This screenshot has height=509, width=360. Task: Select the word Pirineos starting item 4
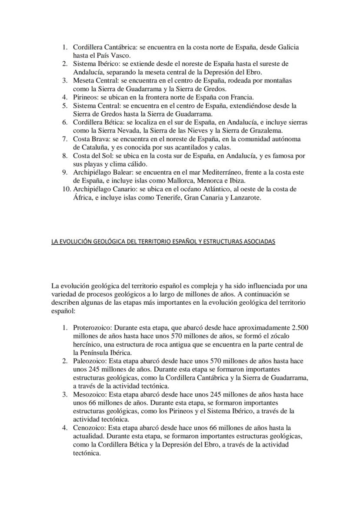pyautogui.click(x=86, y=97)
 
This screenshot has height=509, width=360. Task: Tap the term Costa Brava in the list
pyautogui.click(x=90, y=139)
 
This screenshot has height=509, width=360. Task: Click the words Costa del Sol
pyautogui.click(x=92, y=156)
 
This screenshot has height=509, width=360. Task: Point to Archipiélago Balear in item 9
pyautogui.click(x=100, y=173)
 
